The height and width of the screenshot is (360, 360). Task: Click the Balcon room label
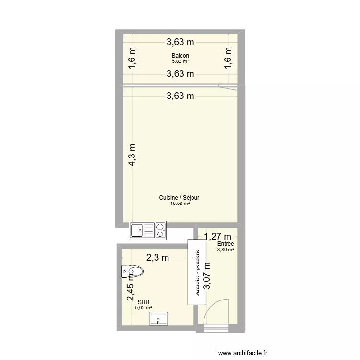(180, 56)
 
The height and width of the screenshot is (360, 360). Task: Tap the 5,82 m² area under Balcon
(180, 61)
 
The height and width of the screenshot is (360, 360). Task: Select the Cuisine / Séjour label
(180, 197)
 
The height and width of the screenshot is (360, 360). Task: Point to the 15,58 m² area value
(180, 204)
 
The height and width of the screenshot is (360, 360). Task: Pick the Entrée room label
(225, 244)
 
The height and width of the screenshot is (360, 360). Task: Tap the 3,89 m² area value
(225, 250)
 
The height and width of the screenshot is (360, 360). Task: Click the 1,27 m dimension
(218, 236)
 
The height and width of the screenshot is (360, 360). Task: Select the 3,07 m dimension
(207, 276)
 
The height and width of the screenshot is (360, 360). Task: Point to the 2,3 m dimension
(158, 258)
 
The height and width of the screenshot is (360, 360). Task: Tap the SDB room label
(143, 302)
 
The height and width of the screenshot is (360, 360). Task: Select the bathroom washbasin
(158, 319)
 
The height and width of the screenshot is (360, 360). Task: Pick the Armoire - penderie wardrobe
(197, 272)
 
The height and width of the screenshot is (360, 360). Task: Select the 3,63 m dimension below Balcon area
(180, 74)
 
